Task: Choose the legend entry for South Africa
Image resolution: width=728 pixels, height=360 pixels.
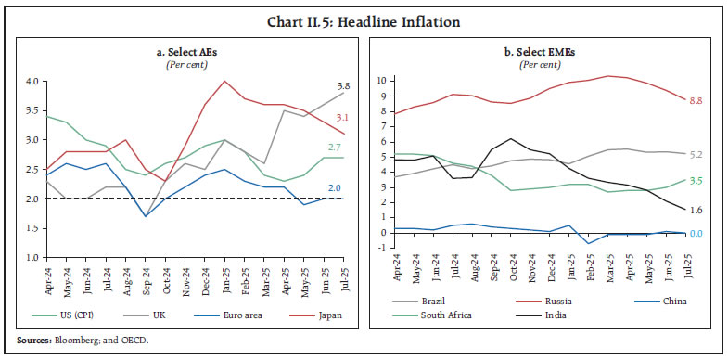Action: point(441,315)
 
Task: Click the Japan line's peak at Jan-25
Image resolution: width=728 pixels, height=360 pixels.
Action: point(224,81)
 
